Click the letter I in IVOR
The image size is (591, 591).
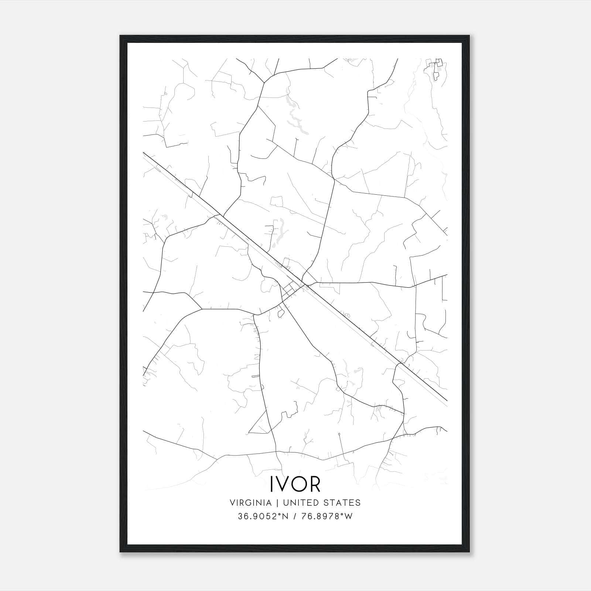pos(272,484)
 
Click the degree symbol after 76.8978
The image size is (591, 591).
pos(343,514)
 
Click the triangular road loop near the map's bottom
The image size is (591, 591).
pos(262,425)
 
